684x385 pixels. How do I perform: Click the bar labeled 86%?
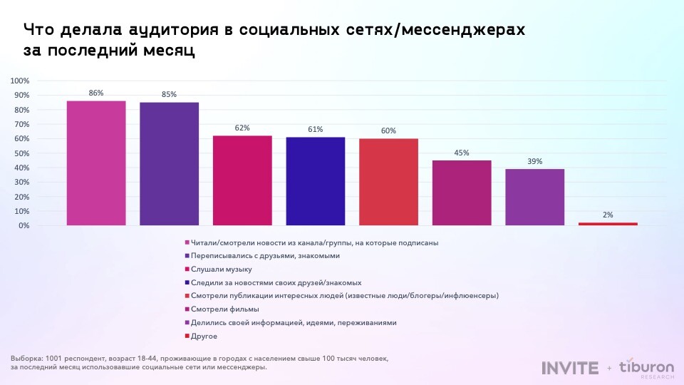point(96,163)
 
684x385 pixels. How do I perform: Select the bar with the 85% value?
point(169,164)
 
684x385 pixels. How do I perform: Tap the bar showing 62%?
point(242,180)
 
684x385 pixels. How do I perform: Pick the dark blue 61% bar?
point(315,181)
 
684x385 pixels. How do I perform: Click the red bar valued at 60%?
point(388,182)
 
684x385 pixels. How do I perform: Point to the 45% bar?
point(461,192)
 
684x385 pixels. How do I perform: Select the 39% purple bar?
point(534,197)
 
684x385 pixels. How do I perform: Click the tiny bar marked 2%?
point(608,224)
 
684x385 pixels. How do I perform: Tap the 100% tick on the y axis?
point(20,81)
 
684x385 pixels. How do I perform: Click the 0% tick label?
point(24,225)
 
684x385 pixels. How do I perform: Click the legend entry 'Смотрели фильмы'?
point(224,309)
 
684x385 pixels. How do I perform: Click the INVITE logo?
point(570,368)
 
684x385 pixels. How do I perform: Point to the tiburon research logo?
point(646,368)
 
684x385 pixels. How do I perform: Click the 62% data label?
point(242,128)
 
